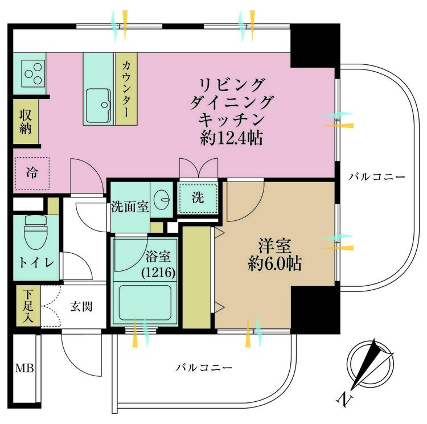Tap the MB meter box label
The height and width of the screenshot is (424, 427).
point(24,368)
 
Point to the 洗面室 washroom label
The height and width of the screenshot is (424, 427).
point(130,207)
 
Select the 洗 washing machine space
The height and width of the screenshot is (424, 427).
point(197,197)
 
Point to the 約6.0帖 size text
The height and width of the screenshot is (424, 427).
point(274,264)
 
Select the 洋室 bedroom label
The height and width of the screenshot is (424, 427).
point(274,247)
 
